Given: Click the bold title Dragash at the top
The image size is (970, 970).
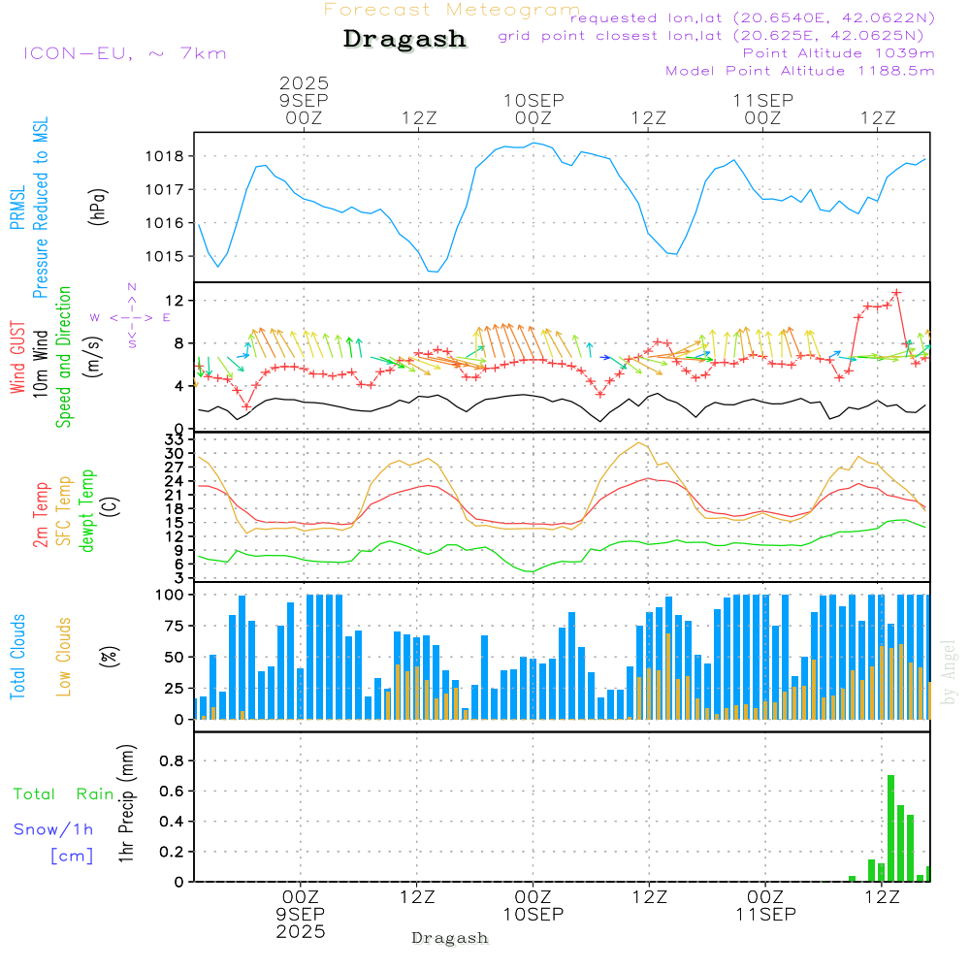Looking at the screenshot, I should tap(404, 40).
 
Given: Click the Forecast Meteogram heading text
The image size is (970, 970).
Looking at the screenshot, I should tap(452, 10).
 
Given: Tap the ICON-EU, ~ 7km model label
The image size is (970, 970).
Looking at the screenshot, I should tap(124, 52).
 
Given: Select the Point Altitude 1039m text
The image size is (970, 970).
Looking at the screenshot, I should tap(838, 52).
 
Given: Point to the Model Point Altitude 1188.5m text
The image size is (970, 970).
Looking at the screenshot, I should tap(800, 70).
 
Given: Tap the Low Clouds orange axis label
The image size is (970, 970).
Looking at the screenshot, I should tap(64, 657).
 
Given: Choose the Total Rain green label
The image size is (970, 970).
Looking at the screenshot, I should tap(63, 793).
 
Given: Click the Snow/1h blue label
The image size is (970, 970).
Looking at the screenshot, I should tap(53, 829).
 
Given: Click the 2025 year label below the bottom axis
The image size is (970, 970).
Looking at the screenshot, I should tap(301, 931).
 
